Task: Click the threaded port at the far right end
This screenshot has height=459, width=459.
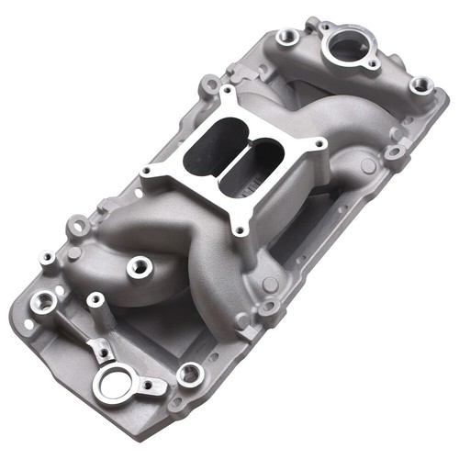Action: (x=420, y=84)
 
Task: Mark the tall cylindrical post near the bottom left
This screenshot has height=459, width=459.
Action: (x=95, y=299)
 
